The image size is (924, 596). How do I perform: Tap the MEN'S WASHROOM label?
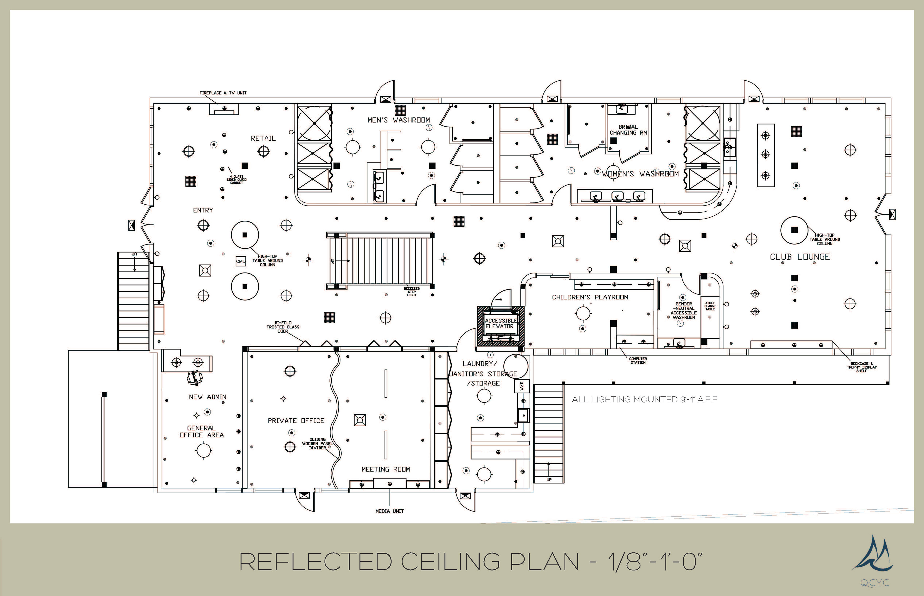tap(398, 120)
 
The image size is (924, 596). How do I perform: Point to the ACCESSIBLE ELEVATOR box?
tap(500, 324)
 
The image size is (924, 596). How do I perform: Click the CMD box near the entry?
tap(241, 261)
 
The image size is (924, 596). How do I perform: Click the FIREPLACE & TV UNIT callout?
tap(223, 93)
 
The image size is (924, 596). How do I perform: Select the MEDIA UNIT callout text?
tap(390, 511)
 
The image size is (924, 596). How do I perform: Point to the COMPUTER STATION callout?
tap(638, 360)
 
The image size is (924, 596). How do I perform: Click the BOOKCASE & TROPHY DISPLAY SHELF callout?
tap(861, 367)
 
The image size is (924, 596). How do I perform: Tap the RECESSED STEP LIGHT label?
tap(411, 292)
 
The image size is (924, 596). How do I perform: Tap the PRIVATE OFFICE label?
tap(296, 421)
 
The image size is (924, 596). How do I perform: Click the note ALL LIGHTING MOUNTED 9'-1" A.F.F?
tap(644, 399)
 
